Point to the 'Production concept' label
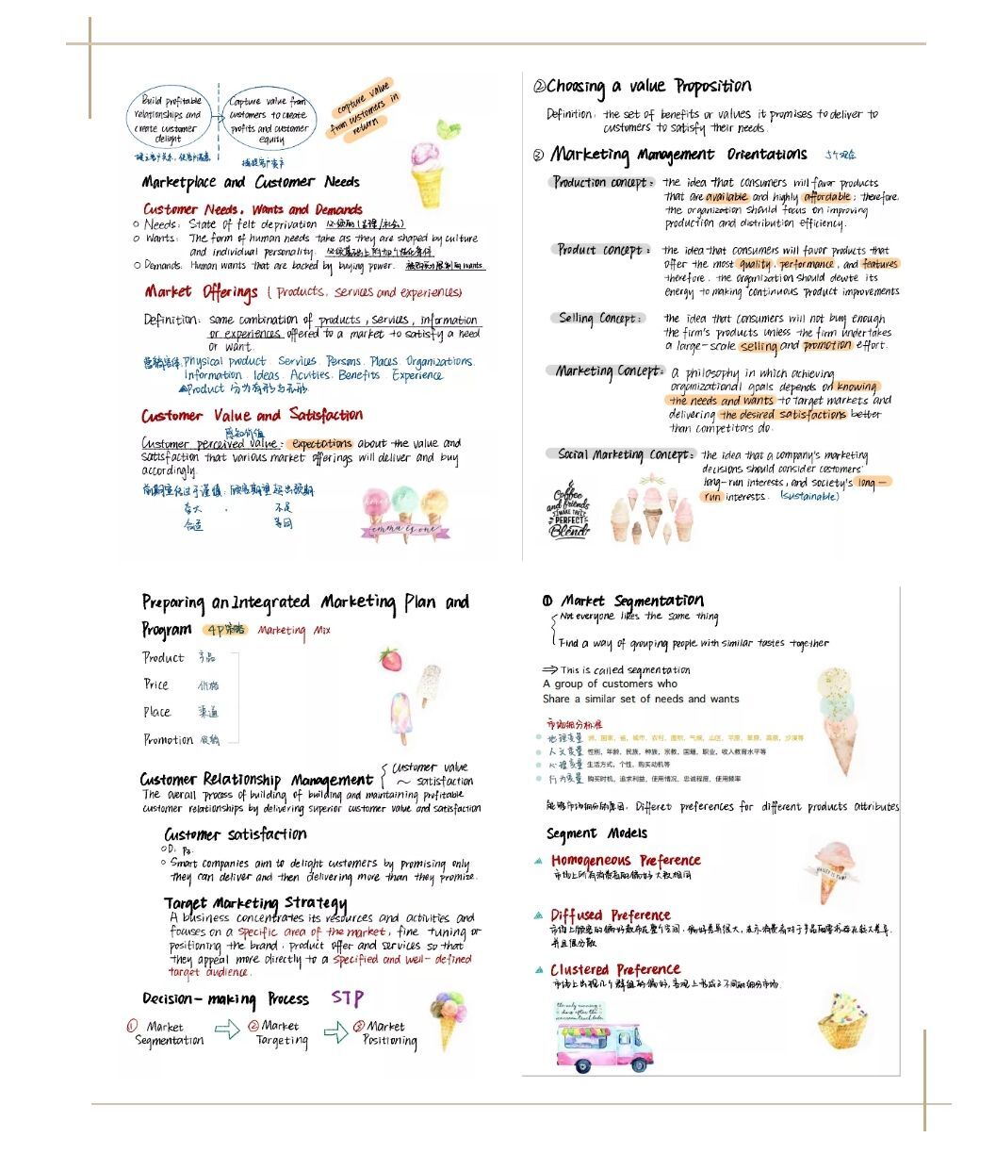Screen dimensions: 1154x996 (x=601, y=182)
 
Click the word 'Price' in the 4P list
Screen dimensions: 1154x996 (x=156, y=684)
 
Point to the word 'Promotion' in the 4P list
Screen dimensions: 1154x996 (x=169, y=739)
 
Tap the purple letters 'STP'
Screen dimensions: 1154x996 (x=347, y=997)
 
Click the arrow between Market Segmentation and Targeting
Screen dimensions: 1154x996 (x=227, y=1030)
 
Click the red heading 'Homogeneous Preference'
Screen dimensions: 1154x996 (x=626, y=860)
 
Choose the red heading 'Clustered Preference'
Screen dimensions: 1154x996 (x=615, y=969)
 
